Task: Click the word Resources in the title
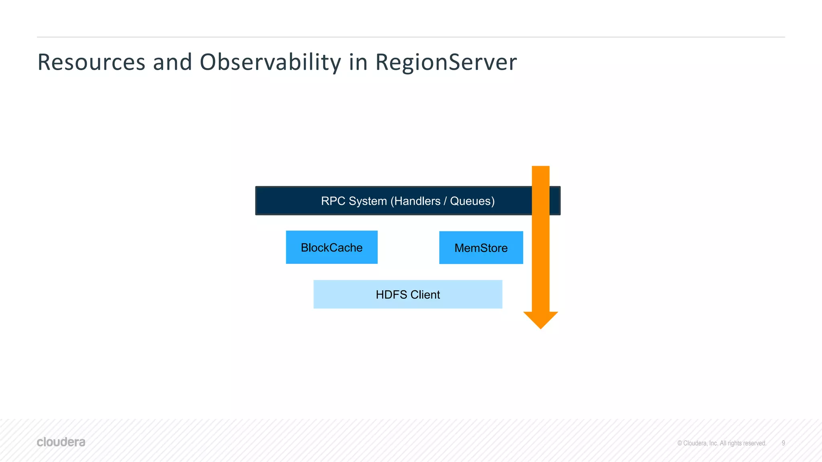point(91,63)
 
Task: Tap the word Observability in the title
point(270,63)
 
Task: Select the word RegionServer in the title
point(446,63)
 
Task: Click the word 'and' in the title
point(172,63)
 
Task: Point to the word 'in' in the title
point(358,63)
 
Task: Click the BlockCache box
point(332,247)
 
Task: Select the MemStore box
point(481,248)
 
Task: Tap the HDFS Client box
point(408,294)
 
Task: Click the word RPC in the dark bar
point(333,201)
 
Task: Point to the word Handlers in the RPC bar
point(417,201)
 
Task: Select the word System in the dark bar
point(368,201)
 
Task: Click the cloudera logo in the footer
point(61,442)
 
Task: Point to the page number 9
point(783,443)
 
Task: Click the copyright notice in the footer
point(722,443)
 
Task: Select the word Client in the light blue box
point(425,295)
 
